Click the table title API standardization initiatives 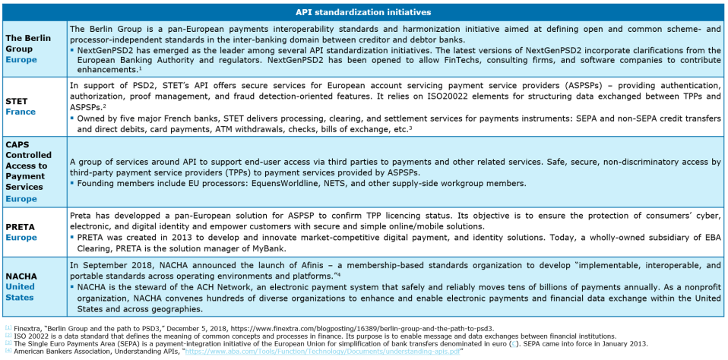(x=363, y=12)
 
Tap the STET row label (x=16, y=99)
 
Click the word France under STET (x=21, y=111)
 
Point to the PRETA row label (x=21, y=226)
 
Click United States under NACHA (x=20, y=292)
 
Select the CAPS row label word (x=18, y=144)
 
